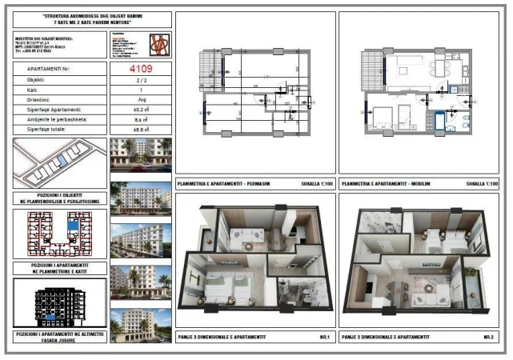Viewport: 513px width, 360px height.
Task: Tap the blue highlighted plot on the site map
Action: click(x=59, y=161)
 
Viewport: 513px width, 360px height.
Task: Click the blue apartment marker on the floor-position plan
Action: click(x=74, y=226)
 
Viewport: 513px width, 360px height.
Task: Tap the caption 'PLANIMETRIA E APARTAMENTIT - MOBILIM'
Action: click(x=387, y=185)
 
